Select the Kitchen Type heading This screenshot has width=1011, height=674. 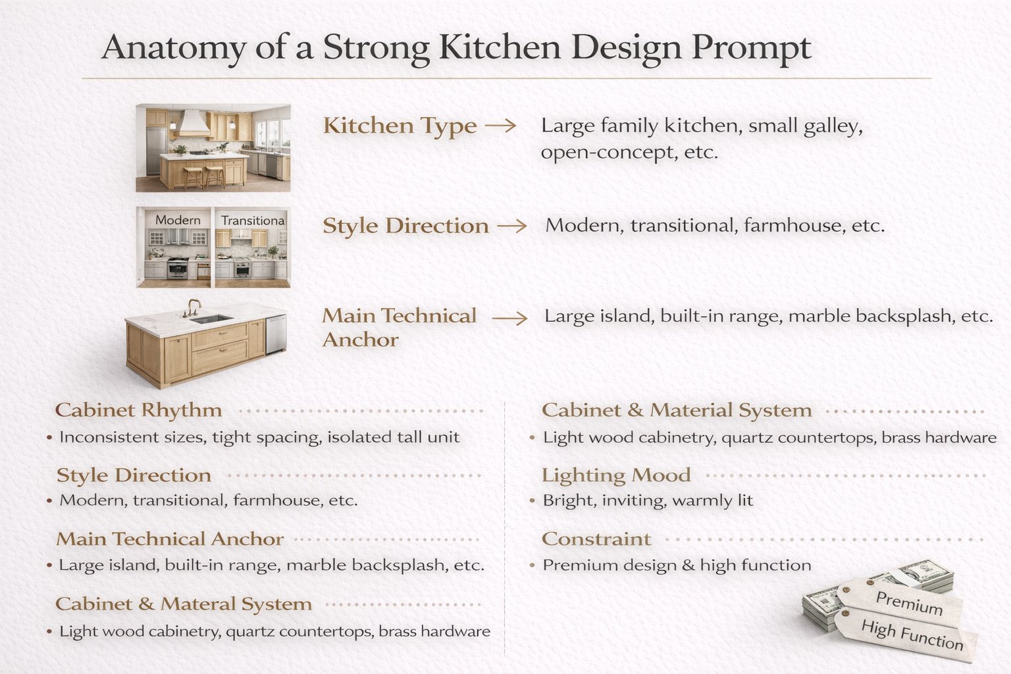coord(400,126)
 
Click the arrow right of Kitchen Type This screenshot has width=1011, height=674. coord(501,126)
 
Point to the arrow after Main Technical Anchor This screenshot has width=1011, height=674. coord(510,319)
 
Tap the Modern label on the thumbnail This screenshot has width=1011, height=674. coord(178,220)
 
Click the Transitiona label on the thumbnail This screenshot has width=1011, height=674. coord(253,220)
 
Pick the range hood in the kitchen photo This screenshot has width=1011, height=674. coord(191,122)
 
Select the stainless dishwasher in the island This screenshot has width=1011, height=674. coord(276,334)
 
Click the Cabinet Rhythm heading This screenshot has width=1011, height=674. coord(138,410)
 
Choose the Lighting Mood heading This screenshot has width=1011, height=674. coord(616,475)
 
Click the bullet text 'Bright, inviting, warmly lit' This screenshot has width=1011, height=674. coord(648,500)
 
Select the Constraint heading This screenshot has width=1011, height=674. coord(596,539)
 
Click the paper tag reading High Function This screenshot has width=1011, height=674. coord(911,635)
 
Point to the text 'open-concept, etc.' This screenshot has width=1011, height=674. coord(629,153)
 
